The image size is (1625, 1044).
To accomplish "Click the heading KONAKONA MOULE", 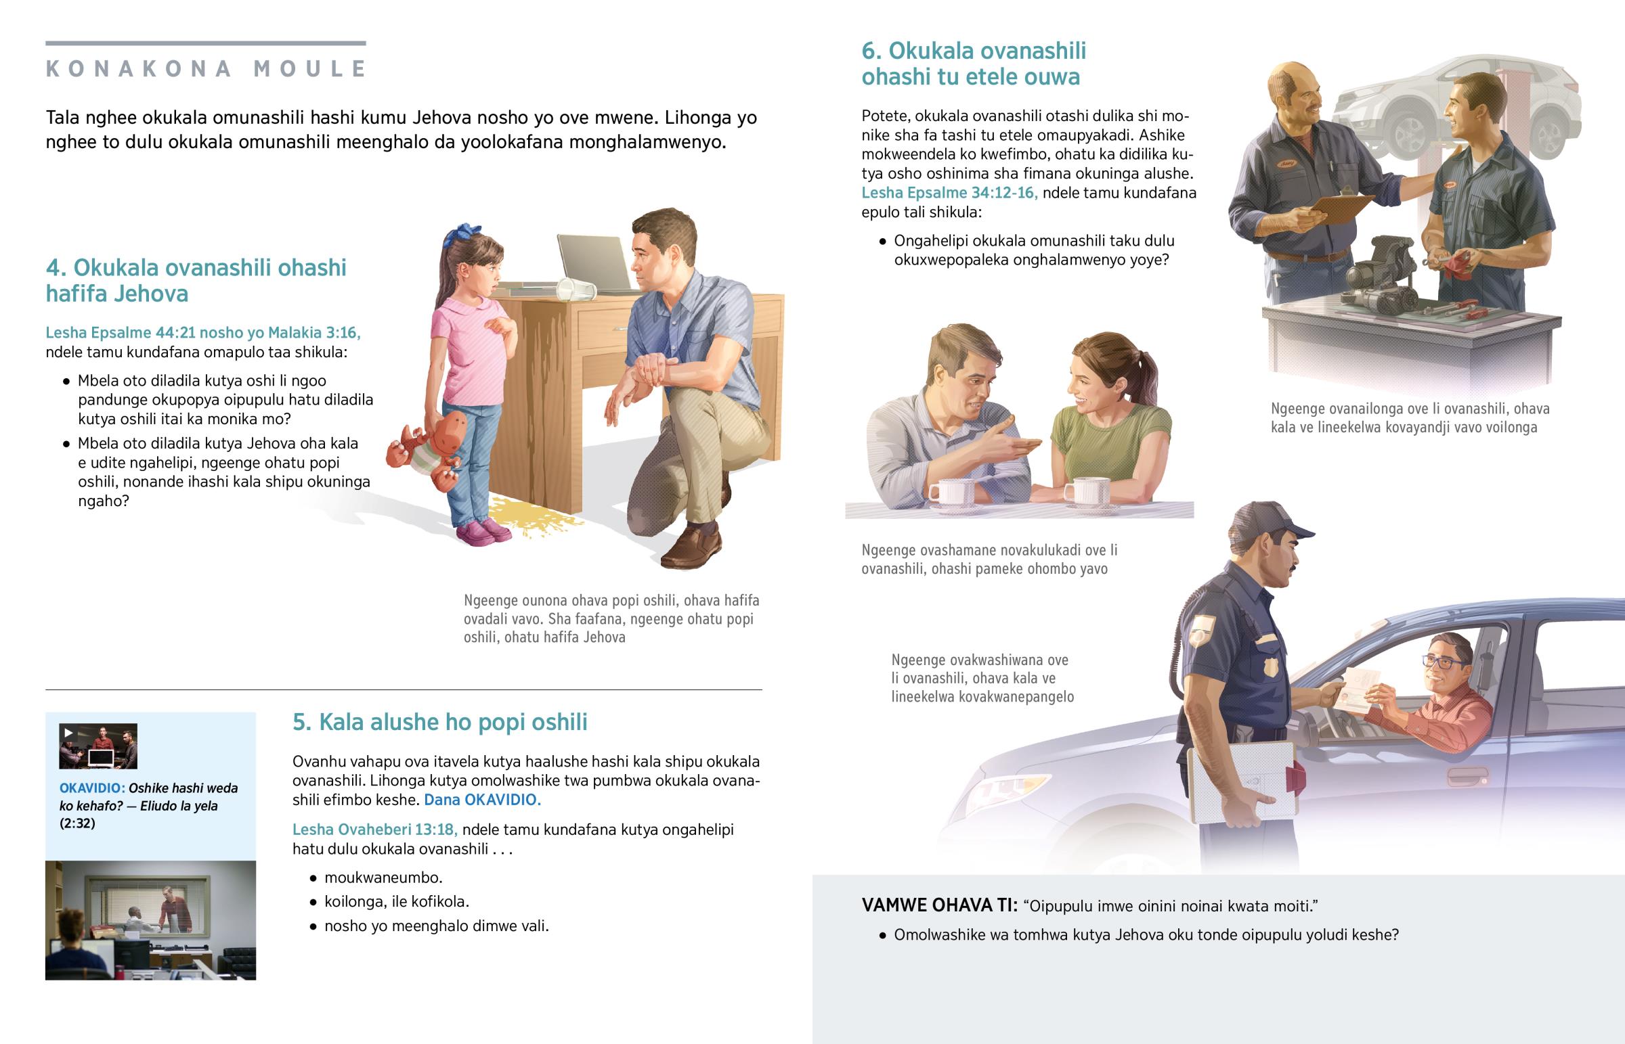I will pyautogui.click(x=207, y=68).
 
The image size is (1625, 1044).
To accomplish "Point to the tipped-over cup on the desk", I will pyautogui.click(x=576, y=290).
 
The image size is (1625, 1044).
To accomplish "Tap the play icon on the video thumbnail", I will pyautogui.click(x=68, y=733).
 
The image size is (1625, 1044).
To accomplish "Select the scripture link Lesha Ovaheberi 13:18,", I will pyautogui.click(x=375, y=829).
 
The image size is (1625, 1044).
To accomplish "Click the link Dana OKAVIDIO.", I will pyautogui.click(x=482, y=799).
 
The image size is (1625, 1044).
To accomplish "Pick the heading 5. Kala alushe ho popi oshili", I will pyautogui.click(x=439, y=722).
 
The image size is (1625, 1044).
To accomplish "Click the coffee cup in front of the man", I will pyautogui.click(x=950, y=492).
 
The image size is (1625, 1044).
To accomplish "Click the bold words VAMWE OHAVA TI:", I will pyautogui.click(x=939, y=905).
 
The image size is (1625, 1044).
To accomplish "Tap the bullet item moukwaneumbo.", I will pyautogui.click(x=383, y=878).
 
